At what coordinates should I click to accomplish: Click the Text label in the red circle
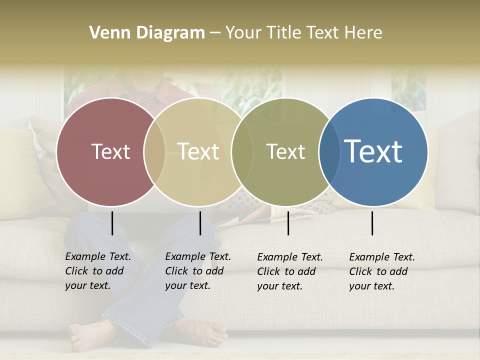tap(110, 151)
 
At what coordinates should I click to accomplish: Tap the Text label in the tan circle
tap(198, 151)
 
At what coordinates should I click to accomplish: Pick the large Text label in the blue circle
tap(373, 151)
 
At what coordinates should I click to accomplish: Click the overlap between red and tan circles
tap(154, 152)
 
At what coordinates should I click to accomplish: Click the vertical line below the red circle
tap(112, 223)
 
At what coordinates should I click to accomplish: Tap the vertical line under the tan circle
tap(200, 223)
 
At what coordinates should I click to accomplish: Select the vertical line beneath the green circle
tap(288, 223)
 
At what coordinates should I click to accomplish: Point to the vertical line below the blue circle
tap(372, 223)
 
